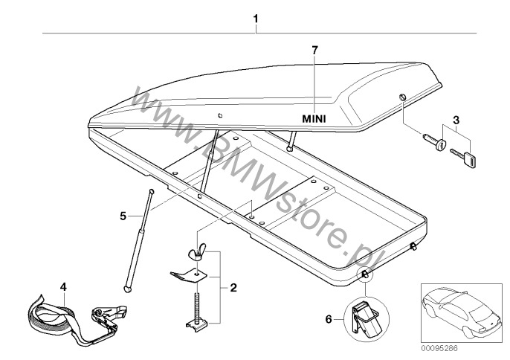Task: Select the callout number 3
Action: [x=456, y=118]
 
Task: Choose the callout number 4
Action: [x=63, y=286]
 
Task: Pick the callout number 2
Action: [x=233, y=286]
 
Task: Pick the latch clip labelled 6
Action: [x=366, y=316]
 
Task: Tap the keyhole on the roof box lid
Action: [x=402, y=99]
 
